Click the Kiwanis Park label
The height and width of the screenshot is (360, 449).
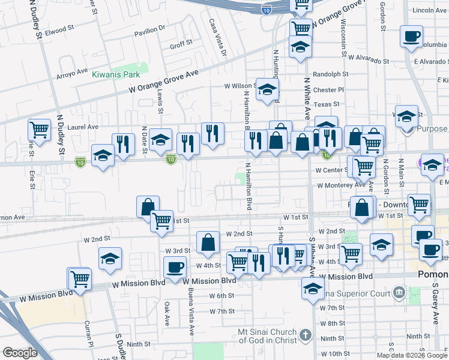pos(116,74)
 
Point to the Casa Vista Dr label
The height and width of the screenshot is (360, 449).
pos(218,37)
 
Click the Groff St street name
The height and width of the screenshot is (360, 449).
pos(181,43)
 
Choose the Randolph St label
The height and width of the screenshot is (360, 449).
pos(331,74)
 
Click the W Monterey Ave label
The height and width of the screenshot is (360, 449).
pos(341,185)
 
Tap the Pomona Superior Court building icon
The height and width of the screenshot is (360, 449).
pos(399,293)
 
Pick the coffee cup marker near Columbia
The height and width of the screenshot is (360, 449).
pos(412,36)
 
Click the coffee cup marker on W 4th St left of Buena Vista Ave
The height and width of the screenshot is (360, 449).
pos(175,267)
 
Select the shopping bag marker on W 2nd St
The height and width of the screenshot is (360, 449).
pos(208,242)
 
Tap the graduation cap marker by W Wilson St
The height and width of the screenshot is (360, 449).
pos(268,89)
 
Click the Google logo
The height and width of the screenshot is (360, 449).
pos(20,353)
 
